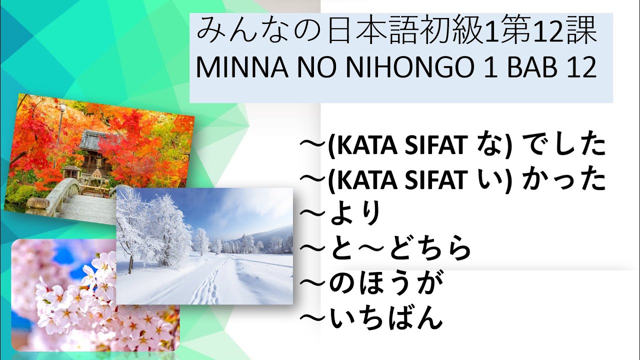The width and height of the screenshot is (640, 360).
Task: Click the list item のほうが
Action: click(x=385, y=283)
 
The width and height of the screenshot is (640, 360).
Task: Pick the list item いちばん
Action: click(x=385, y=318)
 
